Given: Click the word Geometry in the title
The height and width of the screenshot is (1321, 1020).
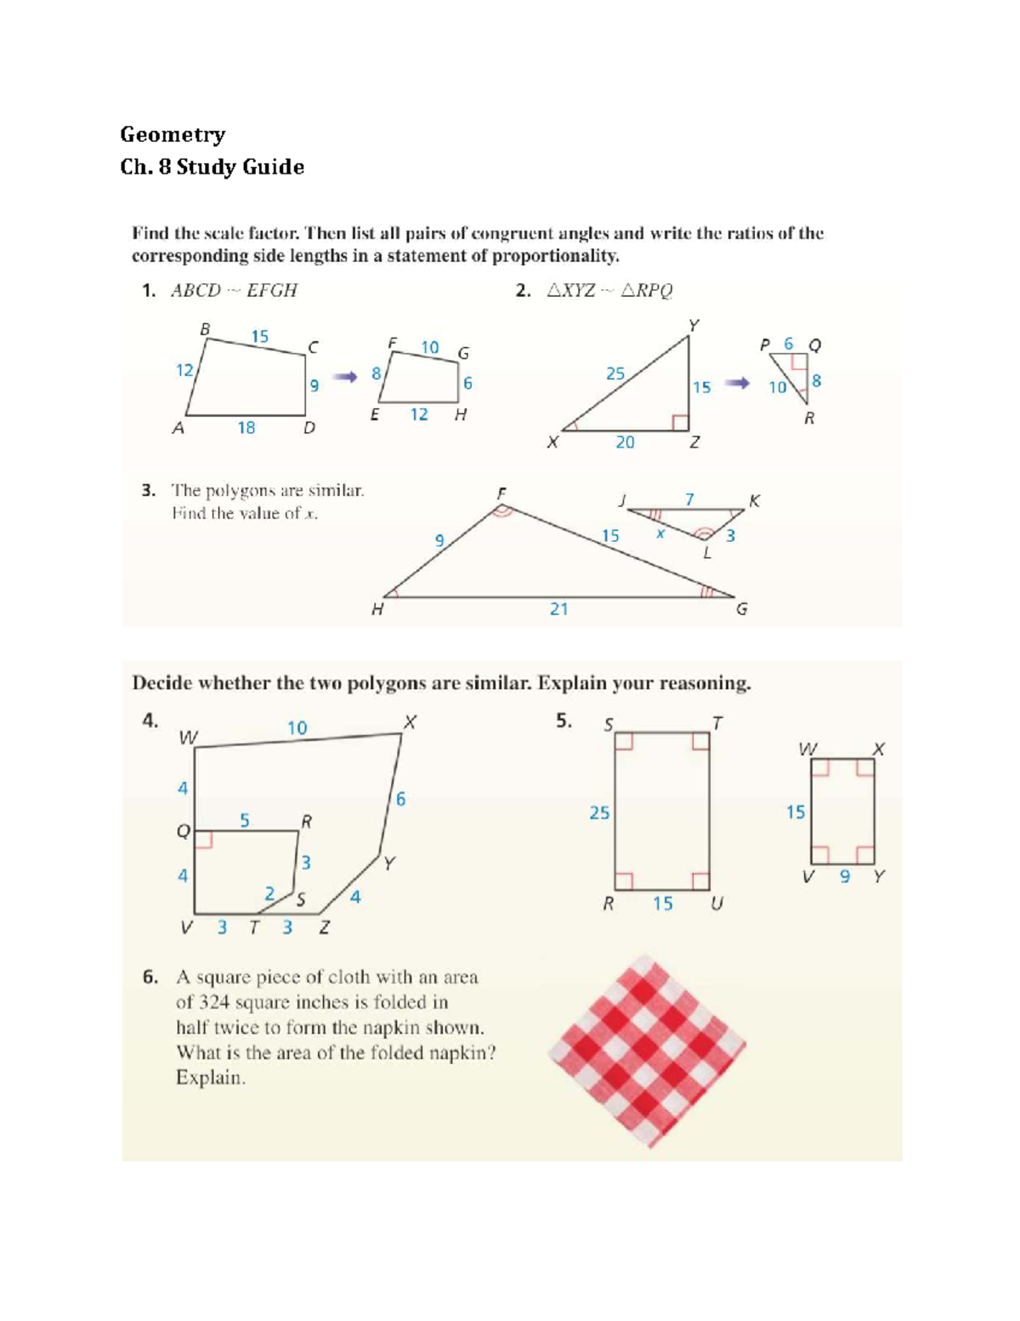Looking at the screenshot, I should tap(173, 134).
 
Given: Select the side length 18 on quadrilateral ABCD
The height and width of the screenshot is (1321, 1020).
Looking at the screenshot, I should tap(246, 428).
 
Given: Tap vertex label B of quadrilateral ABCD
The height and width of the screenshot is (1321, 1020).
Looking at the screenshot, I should tap(204, 328).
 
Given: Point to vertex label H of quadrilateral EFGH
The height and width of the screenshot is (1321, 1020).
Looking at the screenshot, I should tap(460, 415).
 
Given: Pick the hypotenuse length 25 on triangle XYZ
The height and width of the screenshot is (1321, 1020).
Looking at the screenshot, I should tap(615, 373).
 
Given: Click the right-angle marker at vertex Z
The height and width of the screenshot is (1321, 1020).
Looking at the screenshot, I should tap(680, 423).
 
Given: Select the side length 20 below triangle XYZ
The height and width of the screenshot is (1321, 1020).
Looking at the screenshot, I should tap(625, 442).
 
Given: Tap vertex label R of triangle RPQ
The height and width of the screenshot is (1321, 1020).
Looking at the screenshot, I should tap(809, 419).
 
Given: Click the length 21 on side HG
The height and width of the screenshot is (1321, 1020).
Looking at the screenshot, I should tap(558, 609).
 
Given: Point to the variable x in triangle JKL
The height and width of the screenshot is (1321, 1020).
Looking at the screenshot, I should tap(660, 533).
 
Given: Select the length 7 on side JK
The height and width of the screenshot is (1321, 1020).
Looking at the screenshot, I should tap(689, 499).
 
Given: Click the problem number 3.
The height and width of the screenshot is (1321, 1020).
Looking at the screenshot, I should tap(149, 491).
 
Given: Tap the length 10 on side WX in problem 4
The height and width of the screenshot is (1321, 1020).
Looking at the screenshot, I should tap(297, 728).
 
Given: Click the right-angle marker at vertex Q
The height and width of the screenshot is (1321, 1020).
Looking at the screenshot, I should tap(203, 840).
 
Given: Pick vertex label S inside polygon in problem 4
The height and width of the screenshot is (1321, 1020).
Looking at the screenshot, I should tap(300, 899).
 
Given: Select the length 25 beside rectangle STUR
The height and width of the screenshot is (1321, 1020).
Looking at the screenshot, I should tap(599, 813).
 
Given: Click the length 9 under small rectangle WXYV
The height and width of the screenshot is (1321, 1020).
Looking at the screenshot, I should tap(844, 876).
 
